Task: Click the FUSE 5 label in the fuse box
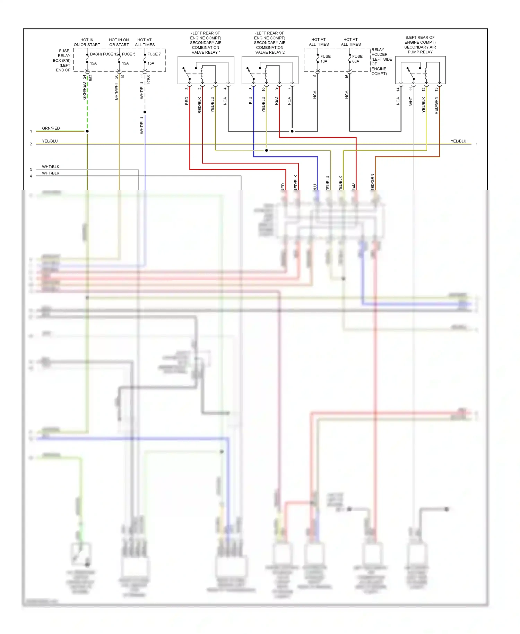click(x=129, y=54)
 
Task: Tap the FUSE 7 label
click(x=154, y=54)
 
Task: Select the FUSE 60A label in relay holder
click(x=357, y=59)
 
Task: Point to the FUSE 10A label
click(x=325, y=59)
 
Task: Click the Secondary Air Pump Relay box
click(x=420, y=70)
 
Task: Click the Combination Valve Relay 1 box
click(x=206, y=70)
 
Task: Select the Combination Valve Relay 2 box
click(x=270, y=70)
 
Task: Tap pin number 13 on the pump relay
click(x=436, y=89)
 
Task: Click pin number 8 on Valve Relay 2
click(x=250, y=89)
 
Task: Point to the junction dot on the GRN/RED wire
click(x=87, y=131)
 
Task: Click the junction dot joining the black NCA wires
click(x=292, y=131)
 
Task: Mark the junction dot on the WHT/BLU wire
click(x=145, y=112)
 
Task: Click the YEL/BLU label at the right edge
click(x=458, y=141)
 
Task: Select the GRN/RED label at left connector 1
click(x=51, y=128)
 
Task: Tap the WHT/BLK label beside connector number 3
click(x=51, y=167)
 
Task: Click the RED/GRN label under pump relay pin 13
click(x=436, y=105)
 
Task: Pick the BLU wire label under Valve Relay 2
click(x=250, y=101)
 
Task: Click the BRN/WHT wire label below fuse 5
click(x=116, y=91)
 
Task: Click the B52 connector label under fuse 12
click(x=91, y=78)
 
